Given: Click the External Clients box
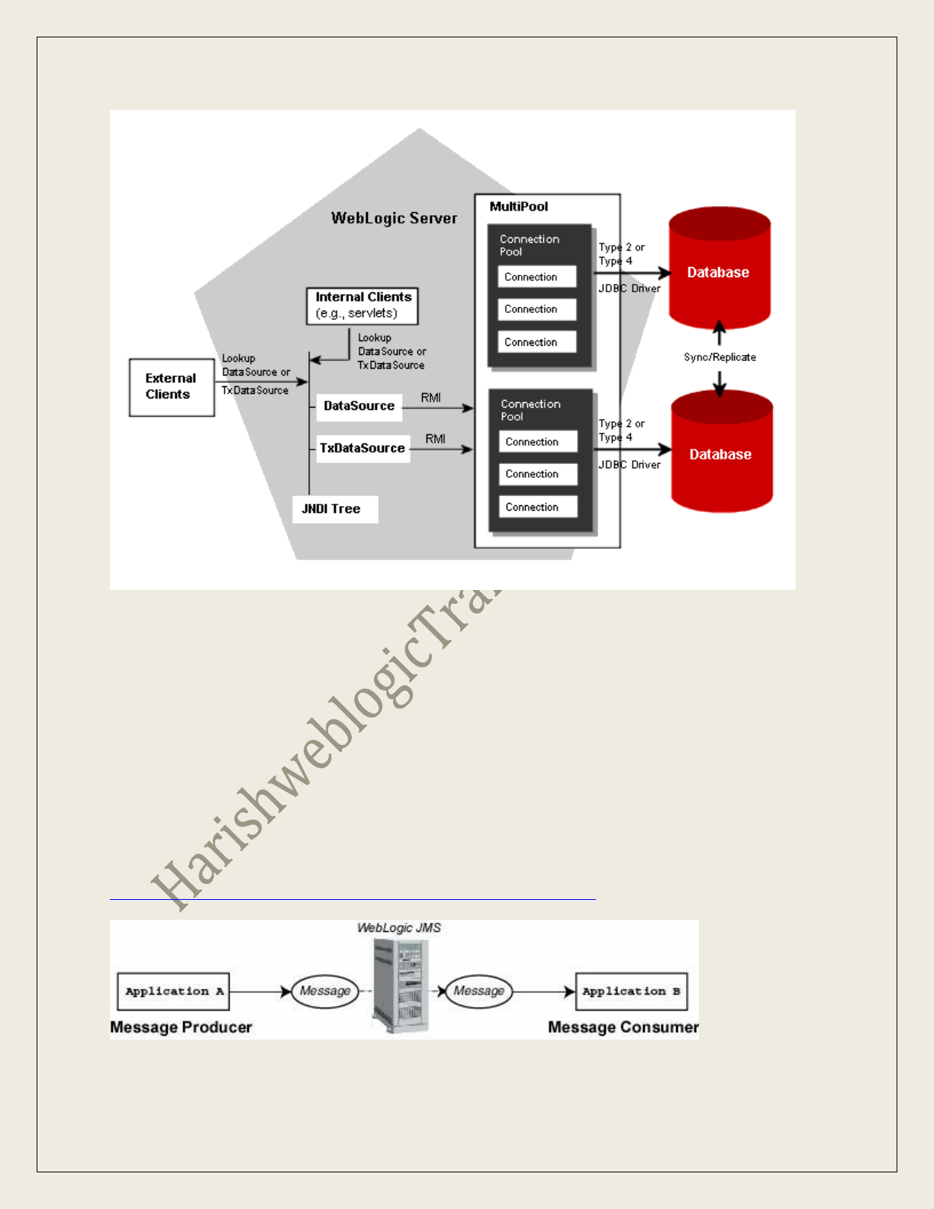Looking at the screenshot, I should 172,387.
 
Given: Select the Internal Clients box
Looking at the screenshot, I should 362,305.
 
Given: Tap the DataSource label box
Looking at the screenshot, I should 359,406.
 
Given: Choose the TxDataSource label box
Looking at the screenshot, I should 362,448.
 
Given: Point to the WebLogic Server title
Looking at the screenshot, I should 394,218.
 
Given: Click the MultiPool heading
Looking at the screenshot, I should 519,207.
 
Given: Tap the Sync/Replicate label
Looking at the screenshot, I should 720,357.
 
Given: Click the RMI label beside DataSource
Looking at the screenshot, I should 431,398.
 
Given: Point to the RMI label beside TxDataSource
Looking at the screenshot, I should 436,439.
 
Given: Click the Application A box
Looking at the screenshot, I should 173,991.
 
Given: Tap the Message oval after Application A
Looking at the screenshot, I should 325,991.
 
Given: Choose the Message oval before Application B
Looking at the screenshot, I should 479,991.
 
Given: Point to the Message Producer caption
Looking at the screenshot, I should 181,1027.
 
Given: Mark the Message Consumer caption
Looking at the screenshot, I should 623,1027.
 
